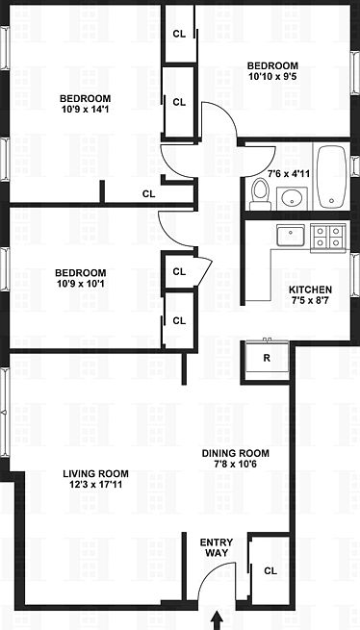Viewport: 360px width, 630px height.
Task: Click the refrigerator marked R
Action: coord(266,358)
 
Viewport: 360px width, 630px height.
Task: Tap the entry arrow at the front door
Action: coord(216,617)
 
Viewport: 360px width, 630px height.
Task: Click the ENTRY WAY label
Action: coord(216,549)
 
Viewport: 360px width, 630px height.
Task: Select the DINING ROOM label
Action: coord(235,454)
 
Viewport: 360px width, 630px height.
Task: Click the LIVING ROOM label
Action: coord(95,473)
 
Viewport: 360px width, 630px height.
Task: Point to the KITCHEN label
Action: coord(310,290)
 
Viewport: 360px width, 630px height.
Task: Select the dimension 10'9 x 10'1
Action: coord(80,286)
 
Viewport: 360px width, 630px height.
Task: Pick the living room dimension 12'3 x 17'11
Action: coord(95,486)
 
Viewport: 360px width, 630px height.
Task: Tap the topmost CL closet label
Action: coord(178,33)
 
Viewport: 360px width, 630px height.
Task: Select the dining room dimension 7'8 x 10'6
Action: coord(235,466)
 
